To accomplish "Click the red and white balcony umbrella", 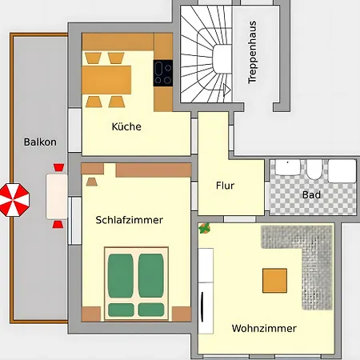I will (x=13, y=199).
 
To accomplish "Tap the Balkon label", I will (x=40, y=142).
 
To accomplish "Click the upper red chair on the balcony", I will (x=58, y=167).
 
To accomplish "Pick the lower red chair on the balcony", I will (x=58, y=223).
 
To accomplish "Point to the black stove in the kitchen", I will (x=163, y=73).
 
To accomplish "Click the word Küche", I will (x=126, y=126).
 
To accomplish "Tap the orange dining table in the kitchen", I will (x=106, y=78).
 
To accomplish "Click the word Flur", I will (x=225, y=186).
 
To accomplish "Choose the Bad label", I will (x=311, y=194).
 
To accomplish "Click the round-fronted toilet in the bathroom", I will (x=314, y=169).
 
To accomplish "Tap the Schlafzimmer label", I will (x=129, y=220).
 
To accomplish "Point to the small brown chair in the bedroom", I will (x=91, y=181).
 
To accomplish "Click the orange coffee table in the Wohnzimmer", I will (x=274, y=280).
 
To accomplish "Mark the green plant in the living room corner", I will (x=205, y=228).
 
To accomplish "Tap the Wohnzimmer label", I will (x=264, y=328).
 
